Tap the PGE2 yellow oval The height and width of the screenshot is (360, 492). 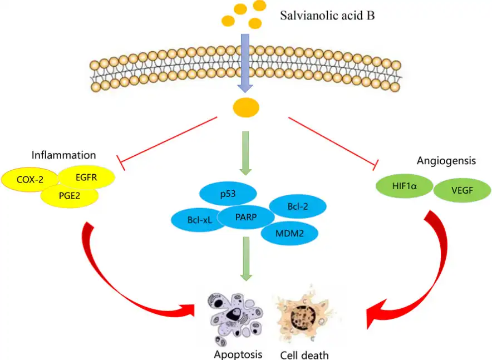tap(70, 196)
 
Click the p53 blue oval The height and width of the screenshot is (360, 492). tap(228, 193)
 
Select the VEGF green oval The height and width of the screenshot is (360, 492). tap(461, 190)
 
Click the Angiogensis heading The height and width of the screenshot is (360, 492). tap(446, 161)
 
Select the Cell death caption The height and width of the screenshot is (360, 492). tap(305, 354)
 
